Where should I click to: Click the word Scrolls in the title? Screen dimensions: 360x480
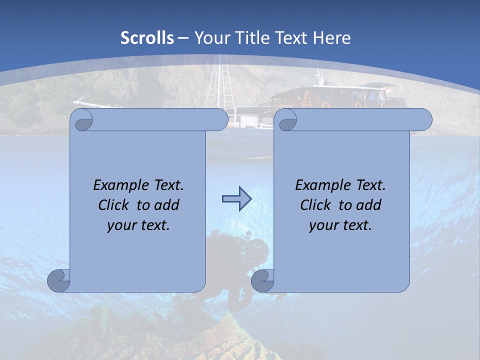[147, 38]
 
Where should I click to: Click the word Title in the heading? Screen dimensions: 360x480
[255, 38]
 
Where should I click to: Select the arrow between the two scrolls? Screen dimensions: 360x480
[236, 199]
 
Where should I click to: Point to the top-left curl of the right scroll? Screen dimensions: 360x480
[286, 120]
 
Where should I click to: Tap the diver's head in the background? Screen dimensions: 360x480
[258, 247]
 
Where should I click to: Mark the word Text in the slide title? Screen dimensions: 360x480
[291, 38]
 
